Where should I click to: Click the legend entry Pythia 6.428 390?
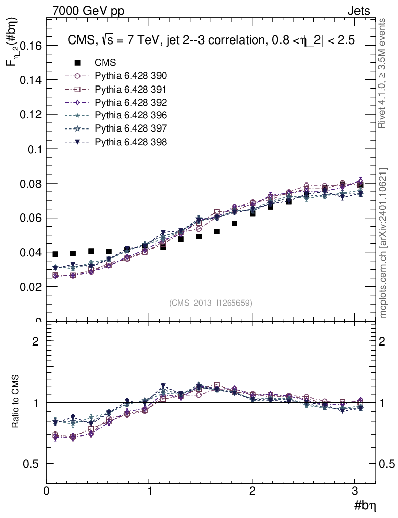131,76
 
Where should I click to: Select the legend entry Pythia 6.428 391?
131,89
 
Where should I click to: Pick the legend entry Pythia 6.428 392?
131,102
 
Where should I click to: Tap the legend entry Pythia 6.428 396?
131,115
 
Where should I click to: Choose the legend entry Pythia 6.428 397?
131,128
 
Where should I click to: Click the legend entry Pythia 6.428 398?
131,142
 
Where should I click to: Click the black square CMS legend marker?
77,63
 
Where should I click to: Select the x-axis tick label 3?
355,490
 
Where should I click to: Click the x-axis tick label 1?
150,490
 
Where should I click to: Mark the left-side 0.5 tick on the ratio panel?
32,464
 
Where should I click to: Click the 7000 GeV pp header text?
88,11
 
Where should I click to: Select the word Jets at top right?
359,11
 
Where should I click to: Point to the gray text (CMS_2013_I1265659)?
211,303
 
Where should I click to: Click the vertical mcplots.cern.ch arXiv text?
383,243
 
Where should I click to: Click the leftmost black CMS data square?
55,254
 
